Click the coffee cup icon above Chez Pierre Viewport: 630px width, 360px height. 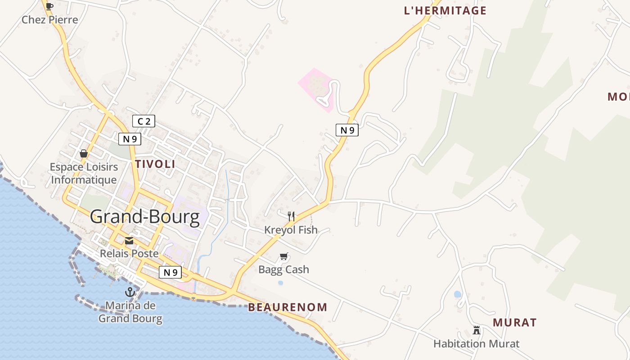pyautogui.click(x=49, y=6)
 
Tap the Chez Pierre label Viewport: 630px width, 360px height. pyautogui.click(x=50, y=20)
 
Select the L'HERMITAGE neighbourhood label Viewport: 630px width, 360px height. pyautogui.click(x=445, y=11)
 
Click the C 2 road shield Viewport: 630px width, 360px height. pyautogui.click(x=144, y=121)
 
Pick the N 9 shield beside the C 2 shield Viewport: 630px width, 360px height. pyautogui.click(x=130, y=139)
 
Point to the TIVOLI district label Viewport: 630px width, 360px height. pyautogui.click(x=155, y=164)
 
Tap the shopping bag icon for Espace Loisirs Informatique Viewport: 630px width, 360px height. pyautogui.click(x=84, y=153)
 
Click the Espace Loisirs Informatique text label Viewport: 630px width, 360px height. pyautogui.click(x=84, y=173)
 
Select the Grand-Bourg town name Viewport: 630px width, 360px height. pyautogui.click(x=145, y=217)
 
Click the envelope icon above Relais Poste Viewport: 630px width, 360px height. pyautogui.click(x=129, y=241)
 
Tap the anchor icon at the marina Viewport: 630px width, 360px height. pyautogui.click(x=130, y=292)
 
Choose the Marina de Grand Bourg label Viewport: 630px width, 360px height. pyautogui.click(x=130, y=312)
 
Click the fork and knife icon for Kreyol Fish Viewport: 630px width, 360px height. pyautogui.click(x=291, y=216)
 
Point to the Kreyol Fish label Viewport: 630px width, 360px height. pyautogui.click(x=291, y=230)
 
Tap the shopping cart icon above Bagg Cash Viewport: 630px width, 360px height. pyautogui.click(x=283, y=256)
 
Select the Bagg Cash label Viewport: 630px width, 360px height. pyautogui.click(x=283, y=270)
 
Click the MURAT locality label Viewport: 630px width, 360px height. pyautogui.click(x=514, y=323)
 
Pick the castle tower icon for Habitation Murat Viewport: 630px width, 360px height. pyautogui.click(x=476, y=331)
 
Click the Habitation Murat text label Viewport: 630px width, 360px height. pyautogui.click(x=476, y=344)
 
